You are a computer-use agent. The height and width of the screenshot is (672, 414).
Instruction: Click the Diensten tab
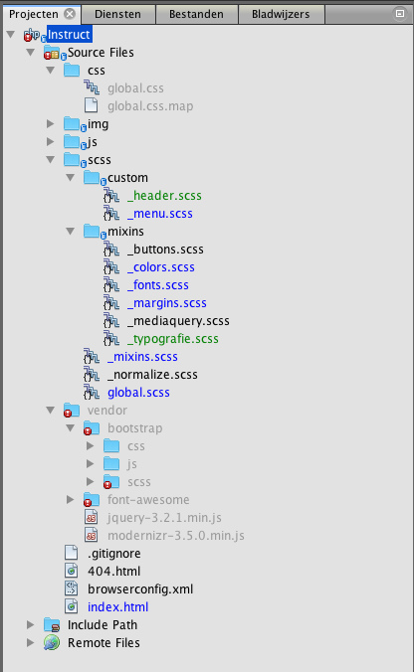click(x=117, y=14)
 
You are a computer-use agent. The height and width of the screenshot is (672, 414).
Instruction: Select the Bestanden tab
click(x=196, y=14)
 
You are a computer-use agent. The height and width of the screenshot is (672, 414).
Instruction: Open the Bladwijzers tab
click(x=281, y=14)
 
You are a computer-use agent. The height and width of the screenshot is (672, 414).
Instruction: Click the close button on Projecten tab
click(x=70, y=14)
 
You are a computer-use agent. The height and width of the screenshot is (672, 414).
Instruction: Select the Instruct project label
click(x=69, y=34)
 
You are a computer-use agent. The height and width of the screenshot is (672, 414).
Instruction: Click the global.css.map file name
click(x=150, y=106)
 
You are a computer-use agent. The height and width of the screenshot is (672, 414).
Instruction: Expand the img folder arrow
click(x=50, y=124)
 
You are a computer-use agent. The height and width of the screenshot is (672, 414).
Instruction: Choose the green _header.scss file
click(x=164, y=196)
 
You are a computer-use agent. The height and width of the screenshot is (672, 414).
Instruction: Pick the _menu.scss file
click(x=160, y=214)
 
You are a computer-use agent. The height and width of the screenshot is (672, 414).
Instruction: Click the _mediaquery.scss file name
click(x=178, y=321)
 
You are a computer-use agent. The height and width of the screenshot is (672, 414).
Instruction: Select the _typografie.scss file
click(x=173, y=339)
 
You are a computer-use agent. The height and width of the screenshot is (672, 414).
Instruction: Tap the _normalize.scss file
click(x=152, y=375)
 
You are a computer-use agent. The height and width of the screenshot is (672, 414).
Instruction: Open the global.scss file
click(x=138, y=393)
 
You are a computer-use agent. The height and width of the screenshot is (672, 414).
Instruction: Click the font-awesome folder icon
click(x=92, y=500)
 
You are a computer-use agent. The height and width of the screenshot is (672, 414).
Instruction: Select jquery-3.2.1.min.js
click(x=164, y=518)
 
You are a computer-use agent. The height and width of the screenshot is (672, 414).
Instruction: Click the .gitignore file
click(x=114, y=554)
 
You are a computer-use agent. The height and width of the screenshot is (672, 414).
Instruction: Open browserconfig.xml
click(x=140, y=589)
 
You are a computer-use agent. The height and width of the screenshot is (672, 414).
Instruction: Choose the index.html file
click(x=118, y=607)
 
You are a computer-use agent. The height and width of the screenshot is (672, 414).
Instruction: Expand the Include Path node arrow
click(x=30, y=625)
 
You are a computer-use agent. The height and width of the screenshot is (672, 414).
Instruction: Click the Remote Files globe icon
click(x=52, y=643)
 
